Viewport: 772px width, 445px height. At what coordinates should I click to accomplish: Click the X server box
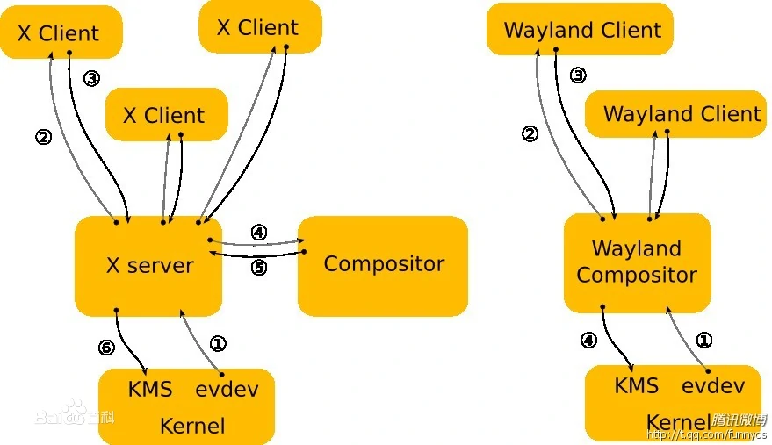pyautogui.click(x=148, y=265)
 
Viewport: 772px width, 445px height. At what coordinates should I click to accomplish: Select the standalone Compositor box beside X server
pyautogui.click(x=383, y=264)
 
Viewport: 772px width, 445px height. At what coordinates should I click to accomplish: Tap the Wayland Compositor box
pyautogui.click(x=637, y=262)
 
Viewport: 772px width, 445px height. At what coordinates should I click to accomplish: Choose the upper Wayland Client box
pyautogui.click(x=581, y=30)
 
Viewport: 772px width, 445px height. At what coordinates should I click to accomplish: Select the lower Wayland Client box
pyautogui.click(x=682, y=114)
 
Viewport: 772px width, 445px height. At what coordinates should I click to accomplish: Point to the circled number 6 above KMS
pyautogui.click(x=106, y=348)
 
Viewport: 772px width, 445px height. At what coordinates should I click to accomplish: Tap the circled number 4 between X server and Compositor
pyautogui.click(x=258, y=233)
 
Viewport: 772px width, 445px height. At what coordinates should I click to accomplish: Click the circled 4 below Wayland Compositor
pyautogui.click(x=588, y=340)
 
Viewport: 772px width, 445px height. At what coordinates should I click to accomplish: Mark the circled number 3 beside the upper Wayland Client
pyautogui.click(x=578, y=75)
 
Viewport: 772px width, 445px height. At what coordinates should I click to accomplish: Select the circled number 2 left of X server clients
pyautogui.click(x=43, y=137)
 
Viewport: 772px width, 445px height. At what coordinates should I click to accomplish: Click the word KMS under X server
pyautogui.click(x=150, y=389)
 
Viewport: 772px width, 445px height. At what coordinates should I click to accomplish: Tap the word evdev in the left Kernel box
pyautogui.click(x=227, y=389)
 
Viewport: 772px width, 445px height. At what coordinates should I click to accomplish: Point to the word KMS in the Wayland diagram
pyautogui.click(x=637, y=385)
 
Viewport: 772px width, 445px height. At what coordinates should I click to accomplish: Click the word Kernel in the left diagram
pyautogui.click(x=191, y=427)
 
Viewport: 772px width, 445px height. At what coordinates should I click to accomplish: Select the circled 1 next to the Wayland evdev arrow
pyautogui.click(x=703, y=341)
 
